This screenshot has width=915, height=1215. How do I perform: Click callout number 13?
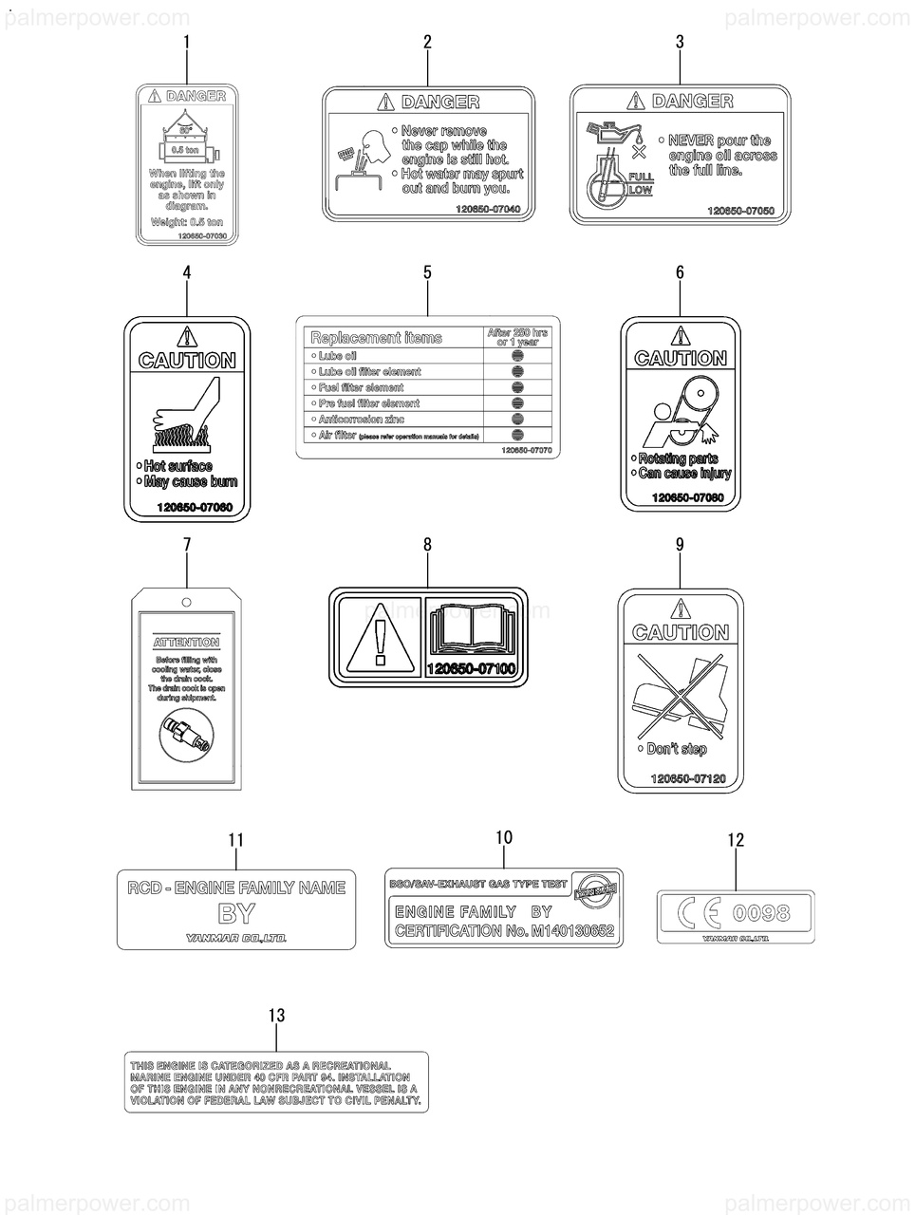276,1016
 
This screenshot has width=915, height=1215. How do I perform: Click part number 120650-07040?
488,209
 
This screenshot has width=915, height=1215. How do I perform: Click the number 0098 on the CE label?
761,913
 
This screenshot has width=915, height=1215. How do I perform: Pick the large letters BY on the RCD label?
236,914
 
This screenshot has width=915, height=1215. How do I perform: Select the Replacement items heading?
377,338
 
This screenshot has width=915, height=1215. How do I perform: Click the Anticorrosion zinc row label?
362,419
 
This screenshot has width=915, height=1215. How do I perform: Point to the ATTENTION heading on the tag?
187,643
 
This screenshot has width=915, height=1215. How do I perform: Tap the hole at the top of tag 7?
187,602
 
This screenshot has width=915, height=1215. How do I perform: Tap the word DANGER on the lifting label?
196,96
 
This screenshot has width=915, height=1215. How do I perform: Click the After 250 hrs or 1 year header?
517,337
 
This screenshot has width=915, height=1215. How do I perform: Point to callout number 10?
504,837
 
